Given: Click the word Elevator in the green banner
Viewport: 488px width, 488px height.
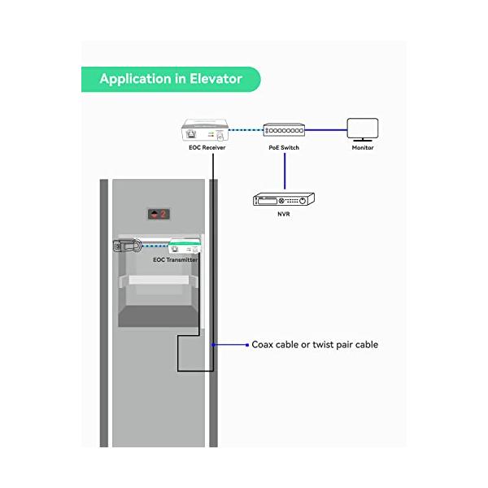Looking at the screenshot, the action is (216, 79).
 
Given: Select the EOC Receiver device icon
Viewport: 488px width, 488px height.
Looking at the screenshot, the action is (205, 130).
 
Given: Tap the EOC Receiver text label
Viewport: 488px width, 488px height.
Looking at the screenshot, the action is (207, 147).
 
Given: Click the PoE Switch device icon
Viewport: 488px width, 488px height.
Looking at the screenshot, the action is (284, 130).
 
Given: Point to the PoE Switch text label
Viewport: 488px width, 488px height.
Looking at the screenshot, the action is (284, 147).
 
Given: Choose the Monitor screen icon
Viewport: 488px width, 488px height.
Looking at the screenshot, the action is (363, 130).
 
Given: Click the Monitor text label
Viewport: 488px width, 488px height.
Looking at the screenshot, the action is (363, 147).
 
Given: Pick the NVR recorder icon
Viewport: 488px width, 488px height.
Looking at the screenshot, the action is (284, 199).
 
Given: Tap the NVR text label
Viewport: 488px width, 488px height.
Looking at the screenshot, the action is (284, 214).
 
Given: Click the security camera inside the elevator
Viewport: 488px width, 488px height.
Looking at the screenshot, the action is (127, 246).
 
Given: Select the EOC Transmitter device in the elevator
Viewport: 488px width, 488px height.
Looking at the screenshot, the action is (185, 246).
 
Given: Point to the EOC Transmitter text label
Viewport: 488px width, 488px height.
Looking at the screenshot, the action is (175, 260).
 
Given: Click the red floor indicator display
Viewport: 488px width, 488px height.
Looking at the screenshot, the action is (159, 214).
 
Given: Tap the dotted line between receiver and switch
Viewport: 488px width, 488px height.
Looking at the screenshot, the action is (246, 130).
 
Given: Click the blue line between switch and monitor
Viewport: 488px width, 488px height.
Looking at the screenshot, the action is (326, 130).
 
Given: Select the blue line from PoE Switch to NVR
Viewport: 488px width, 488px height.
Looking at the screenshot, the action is (285, 171).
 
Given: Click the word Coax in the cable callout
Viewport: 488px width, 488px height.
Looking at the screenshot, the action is (263, 345).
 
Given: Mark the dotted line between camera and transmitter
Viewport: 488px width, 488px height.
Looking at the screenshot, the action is (155, 246).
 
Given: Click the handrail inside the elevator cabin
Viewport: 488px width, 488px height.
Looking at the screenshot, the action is (159, 280).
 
